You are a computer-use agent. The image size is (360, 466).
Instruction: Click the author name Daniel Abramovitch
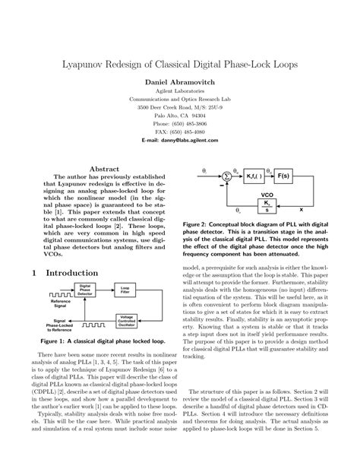[180, 79]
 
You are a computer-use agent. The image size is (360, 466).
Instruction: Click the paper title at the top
[180, 59]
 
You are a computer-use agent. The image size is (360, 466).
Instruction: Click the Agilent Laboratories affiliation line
[180, 90]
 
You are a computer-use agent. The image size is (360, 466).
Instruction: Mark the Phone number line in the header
[180, 122]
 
